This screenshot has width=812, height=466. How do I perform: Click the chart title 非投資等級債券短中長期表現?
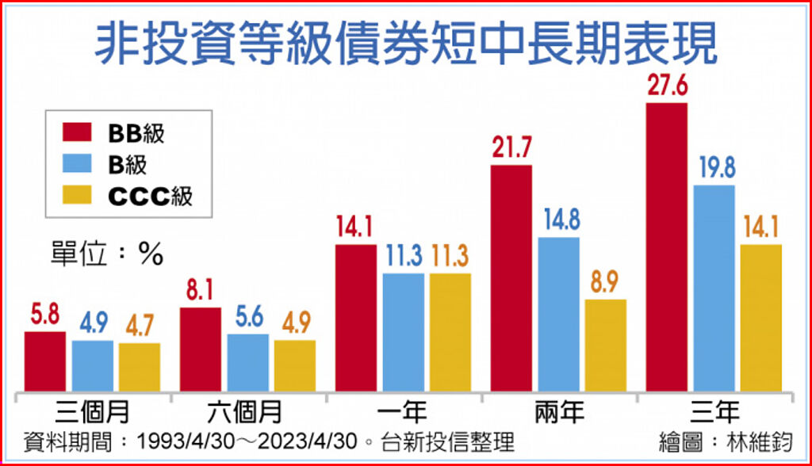point(405,43)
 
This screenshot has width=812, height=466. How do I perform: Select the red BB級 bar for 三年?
point(667,247)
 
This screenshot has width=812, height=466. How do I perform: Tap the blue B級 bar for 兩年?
point(558,314)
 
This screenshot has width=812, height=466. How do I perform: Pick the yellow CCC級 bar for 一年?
point(450,332)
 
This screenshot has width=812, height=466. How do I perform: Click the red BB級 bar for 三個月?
point(45,361)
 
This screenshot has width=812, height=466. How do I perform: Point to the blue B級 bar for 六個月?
point(247,363)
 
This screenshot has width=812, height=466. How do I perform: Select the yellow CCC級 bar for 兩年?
point(605,346)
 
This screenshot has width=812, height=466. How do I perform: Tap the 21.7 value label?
point(511,149)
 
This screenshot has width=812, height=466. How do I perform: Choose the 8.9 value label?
point(605,283)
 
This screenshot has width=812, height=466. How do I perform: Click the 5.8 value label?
point(45,315)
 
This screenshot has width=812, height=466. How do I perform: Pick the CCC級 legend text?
point(150,195)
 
